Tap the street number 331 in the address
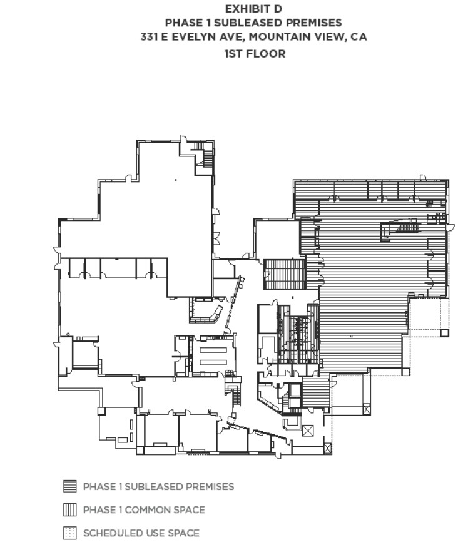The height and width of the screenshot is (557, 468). (149, 36)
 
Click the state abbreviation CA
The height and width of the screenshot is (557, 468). (359, 36)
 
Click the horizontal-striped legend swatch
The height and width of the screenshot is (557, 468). (70, 486)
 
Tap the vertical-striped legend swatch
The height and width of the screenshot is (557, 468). (70, 510)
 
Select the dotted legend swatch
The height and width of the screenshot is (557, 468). (70, 533)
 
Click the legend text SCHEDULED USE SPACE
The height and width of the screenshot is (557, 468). (141, 533)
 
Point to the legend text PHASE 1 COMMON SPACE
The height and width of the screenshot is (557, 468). (144, 510)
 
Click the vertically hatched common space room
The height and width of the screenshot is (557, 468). (285, 274)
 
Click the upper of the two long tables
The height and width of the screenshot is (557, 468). (213, 350)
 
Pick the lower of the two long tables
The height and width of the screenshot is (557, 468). (213, 362)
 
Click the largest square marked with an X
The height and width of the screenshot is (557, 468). (308, 431)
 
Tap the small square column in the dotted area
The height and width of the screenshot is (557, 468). (445, 333)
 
